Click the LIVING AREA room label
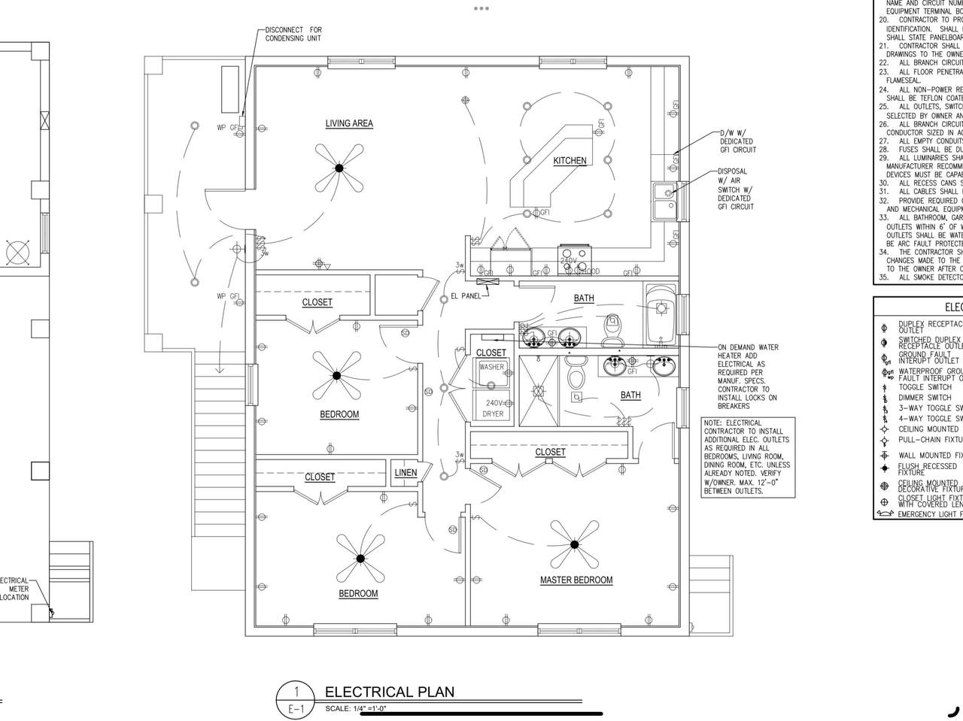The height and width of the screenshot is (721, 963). click(349, 123)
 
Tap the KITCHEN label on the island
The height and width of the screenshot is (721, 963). click(570, 161)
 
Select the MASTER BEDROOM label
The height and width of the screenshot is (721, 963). click(576, 580)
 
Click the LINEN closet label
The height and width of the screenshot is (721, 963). click(406, 473)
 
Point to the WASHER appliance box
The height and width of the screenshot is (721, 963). click(491, 368)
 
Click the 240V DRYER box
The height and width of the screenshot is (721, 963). click(493, 409)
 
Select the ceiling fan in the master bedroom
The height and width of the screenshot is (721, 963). click(574, 544)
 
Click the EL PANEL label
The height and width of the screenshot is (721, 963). click(466, 296)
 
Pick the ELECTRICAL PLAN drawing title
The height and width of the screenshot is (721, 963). click(389, 692)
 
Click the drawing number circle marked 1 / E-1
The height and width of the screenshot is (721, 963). click(296, 700)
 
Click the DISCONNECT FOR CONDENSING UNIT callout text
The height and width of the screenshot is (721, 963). click(293, 35)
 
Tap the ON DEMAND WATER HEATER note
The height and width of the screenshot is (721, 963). click(748, 377)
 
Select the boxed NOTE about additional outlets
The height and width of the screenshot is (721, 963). click(747, 457)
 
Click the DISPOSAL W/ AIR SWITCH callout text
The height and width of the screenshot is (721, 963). click(736, 189)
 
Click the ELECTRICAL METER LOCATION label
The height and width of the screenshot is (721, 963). click(14, 589)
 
